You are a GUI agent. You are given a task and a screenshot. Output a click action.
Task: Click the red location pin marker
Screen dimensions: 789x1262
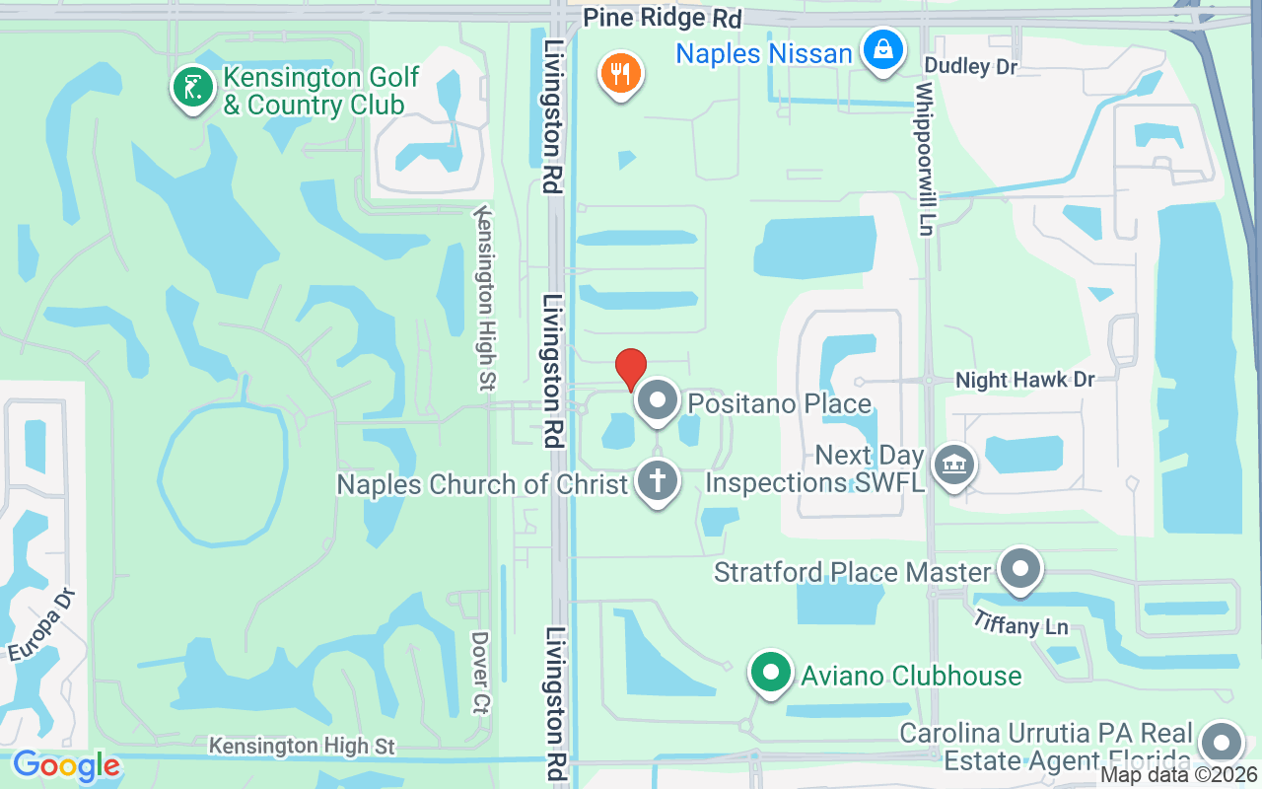point(631,369)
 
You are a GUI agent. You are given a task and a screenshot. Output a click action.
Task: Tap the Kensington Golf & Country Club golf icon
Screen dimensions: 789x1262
point(193,87)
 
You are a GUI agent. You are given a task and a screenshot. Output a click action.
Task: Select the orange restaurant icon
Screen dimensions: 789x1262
point(621,73)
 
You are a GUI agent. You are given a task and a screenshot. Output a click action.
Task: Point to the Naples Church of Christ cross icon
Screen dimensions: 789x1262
point(658,481)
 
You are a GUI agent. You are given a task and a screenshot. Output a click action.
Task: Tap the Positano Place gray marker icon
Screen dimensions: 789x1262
point(658,401)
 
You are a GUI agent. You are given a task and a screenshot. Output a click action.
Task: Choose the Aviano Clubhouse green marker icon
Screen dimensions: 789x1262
point(772,674)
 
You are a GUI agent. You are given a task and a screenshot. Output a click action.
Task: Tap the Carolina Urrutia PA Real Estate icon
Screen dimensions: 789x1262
point(1222,743)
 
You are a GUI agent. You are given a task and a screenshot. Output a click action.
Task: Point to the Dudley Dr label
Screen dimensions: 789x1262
point(970,66)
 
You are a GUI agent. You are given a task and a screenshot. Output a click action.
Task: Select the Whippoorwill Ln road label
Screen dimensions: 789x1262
point(924,158)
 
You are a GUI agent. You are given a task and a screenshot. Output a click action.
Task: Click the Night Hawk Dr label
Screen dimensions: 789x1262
point(1025,380)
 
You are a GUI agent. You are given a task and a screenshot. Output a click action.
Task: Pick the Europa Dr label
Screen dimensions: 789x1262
point(41,625)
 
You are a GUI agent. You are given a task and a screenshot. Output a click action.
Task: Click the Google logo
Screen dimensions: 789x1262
point(66,765)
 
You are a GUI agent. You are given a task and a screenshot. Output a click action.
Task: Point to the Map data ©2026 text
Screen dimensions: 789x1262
point(1178,775)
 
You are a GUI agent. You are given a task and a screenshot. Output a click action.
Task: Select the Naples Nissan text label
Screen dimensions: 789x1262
point(763,52)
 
